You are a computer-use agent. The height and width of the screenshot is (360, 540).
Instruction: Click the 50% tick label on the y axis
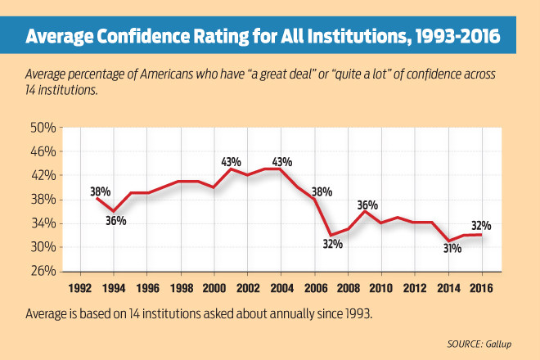pyautogui.click(x=43, y=128)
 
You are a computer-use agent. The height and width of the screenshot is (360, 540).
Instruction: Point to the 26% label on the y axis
pyautogui.click(x=43, y=271)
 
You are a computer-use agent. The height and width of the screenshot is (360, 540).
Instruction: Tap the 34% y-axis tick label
pyautogui.click(x=43, y=223)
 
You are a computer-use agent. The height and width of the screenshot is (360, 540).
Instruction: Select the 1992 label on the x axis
pyautogui.click(x=79, y=287)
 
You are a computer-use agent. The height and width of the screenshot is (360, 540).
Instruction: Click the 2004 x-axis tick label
pyautogui.click(x=281, y=287)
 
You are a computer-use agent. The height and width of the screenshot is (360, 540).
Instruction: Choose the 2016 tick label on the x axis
pyautogui.click(x=480, y=287)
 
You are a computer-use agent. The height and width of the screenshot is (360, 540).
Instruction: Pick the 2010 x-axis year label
pyautogui.click(x=380, y=287)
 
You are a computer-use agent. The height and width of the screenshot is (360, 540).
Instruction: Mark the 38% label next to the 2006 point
pyautogui.click(x=321, y=191)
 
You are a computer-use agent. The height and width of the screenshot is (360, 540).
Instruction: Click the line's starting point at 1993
pyautogui.click(x=97, y=199)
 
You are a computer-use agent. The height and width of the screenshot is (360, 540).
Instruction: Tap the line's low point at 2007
pyautogui.click(x=331, y=236)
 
